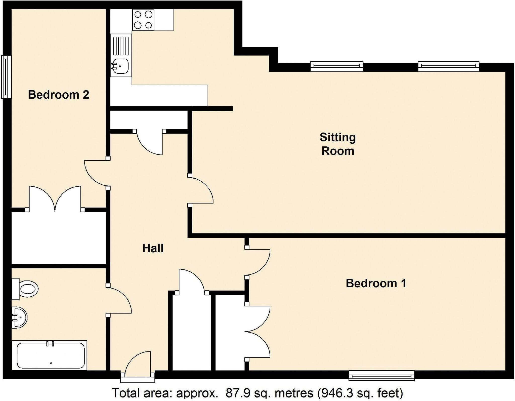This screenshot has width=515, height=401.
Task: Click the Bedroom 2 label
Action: click(58, 95)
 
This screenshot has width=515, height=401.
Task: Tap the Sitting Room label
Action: click(338, 144)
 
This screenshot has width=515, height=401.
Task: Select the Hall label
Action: click(153, 248)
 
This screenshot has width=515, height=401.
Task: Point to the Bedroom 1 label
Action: click(376, 283)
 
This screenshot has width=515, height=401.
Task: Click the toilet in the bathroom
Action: click(26, 289)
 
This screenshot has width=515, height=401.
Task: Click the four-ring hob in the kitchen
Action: click(143, 20)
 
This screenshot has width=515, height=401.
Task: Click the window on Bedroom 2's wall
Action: click(6, 77)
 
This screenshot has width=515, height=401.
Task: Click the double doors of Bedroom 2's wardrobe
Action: click(55, 199)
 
